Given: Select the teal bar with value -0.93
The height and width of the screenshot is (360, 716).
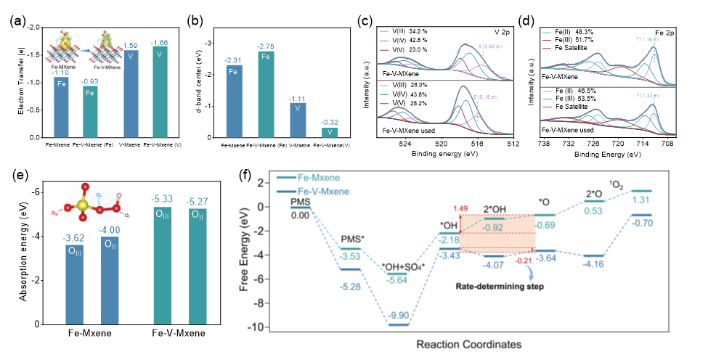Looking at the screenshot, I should [90, 112].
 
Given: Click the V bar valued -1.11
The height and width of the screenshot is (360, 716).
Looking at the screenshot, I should [298, 119].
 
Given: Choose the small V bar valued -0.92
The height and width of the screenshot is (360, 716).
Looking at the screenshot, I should [330, 132].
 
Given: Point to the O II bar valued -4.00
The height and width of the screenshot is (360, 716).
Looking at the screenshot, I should [110, 277].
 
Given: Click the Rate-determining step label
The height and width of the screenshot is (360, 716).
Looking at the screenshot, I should [500, 286].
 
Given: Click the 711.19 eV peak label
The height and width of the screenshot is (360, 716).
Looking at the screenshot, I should [647, 38].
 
